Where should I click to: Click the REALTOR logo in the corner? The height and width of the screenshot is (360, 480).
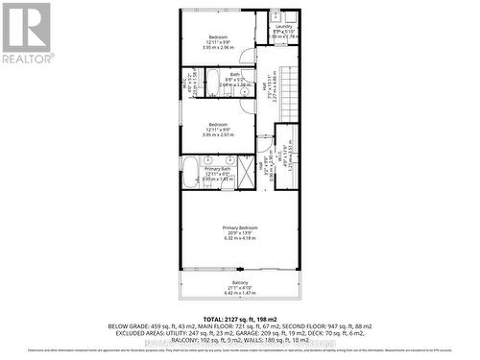(x=26, y=33)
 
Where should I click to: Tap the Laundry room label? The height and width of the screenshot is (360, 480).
(x=284, y=27)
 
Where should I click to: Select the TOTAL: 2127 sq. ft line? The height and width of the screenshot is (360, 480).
(x=239, y=318)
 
